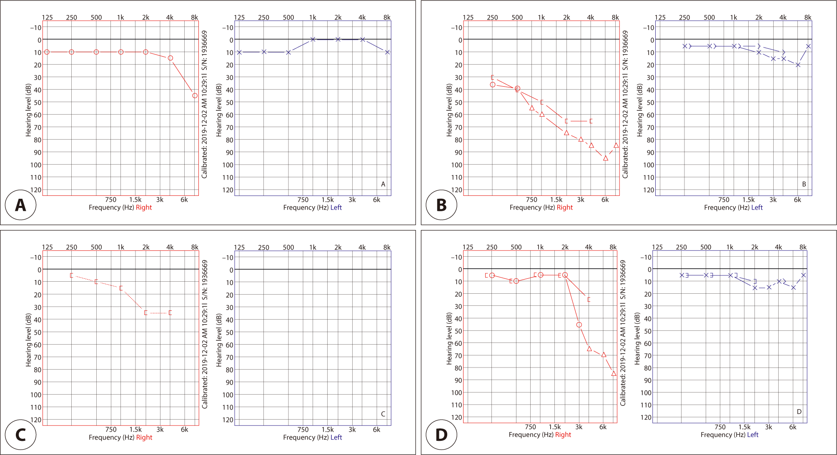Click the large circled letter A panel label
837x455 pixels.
pyautogui.click(x=20, y=205)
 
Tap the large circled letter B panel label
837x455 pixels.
pyautogui.click(x=441, y=205)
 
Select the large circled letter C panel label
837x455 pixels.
pyautogui.click(x=20, y=435)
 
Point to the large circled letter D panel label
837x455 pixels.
pyautogui.click(x=441, y=435)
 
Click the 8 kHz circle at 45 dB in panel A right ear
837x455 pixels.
pyautogui.click(x=195, y=96)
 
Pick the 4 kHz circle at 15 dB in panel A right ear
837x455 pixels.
pyautogui.click(x=170, y=58)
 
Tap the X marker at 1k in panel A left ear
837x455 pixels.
pyautogui.click(x=313, y=40)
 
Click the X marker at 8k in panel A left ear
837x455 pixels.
pyautogui.click(x=387, y=52)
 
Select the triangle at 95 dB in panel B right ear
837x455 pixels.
pyautogui.click(x=606, y=158)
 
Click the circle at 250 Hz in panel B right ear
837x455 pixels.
pyautogui.click(x=493, y=85)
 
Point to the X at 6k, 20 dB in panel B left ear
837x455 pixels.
pyautogui.click(x=798, y=65)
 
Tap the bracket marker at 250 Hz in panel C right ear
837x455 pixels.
pyautogui.click(x=72, y=275)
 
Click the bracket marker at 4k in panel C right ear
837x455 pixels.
pyautogui.click(x=170, y=312)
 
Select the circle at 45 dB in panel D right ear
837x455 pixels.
pyautogui.click(x=579, y=325)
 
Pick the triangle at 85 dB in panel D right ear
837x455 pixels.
pyautogui.click(x=614, y=374)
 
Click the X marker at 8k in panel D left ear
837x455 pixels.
pyautogui.click(x=803, y=275)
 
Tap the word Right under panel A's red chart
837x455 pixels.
pyautogui.click(x=144, y=207)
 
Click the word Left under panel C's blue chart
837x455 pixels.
pyautogui.click(x=336, y=437)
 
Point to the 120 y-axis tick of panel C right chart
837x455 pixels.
pyautogui.click(x=36, y=420)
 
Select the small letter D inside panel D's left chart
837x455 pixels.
pyautogui.click(x=799, y=412)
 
